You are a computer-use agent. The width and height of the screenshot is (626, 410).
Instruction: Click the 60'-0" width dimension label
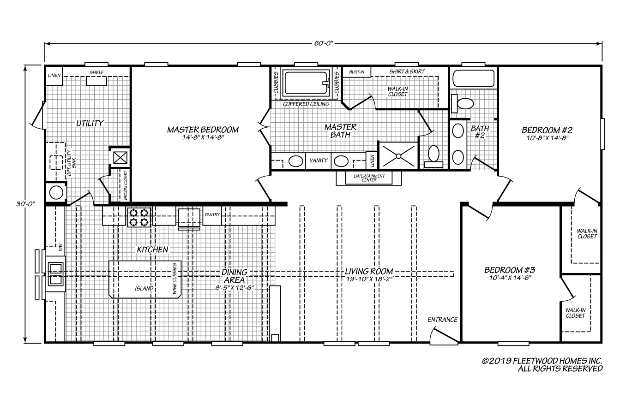[324, 43]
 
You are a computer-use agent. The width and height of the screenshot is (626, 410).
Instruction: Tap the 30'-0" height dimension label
[25, 204]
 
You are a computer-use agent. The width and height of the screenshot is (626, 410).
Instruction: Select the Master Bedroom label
[203, 130]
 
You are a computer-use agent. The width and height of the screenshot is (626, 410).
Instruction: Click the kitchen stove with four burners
[139, 217]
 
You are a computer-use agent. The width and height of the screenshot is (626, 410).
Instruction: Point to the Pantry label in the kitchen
[212, 214]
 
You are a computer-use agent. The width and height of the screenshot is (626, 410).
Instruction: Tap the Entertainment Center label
[369, 178]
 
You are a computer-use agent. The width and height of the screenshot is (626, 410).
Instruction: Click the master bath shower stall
[398, 156]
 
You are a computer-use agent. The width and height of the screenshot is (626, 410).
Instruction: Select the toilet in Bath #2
[462, 103]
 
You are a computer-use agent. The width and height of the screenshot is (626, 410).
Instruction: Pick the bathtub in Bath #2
[473, 78]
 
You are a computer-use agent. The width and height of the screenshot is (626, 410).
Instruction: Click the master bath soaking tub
[306, 83]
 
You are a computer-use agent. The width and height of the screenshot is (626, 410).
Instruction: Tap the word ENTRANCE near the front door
[442, 320]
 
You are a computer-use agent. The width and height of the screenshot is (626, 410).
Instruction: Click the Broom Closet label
[125, 185]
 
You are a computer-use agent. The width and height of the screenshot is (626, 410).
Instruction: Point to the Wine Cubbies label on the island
[175, 279]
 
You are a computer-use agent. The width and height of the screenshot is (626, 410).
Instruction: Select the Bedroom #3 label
[510, 270]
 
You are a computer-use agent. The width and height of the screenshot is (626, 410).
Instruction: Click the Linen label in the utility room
[54, 76]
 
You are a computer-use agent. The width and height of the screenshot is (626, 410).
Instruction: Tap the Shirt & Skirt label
[407, 71]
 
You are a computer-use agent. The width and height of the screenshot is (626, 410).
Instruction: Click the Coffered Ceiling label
[306, 104]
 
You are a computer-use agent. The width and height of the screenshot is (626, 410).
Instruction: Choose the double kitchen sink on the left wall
[56, 274]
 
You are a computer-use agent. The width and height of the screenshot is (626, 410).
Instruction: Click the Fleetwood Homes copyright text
[542, 365]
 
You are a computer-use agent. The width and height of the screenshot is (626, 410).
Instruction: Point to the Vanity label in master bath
[319, 160]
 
